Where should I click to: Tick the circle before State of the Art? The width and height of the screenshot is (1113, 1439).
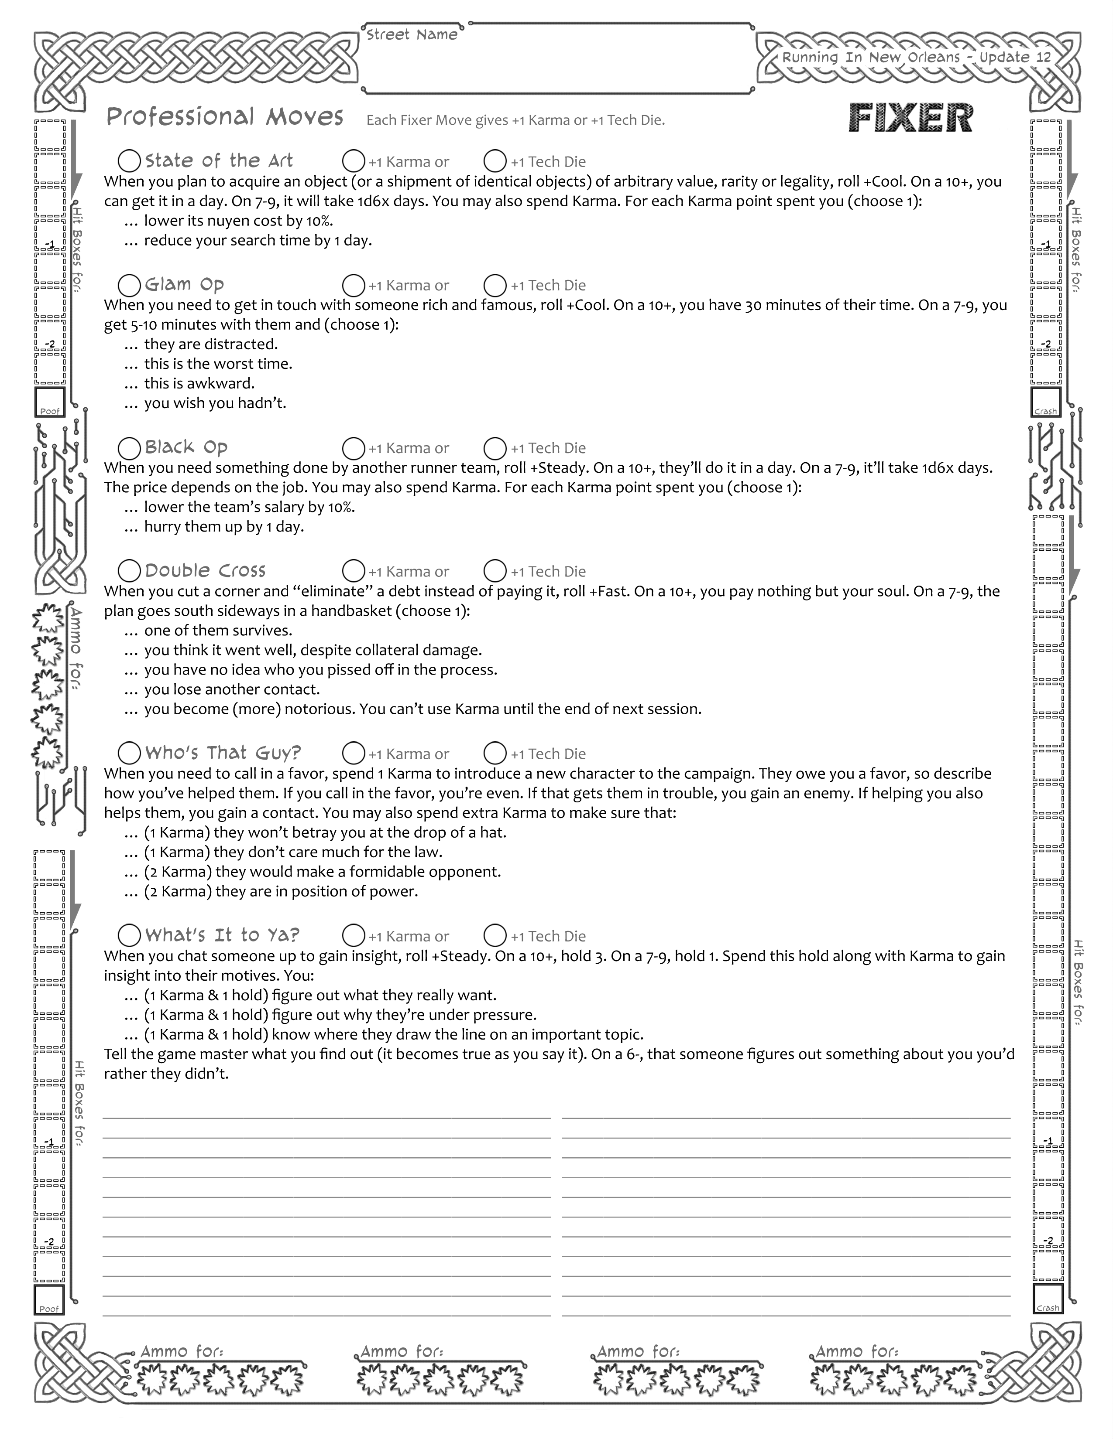pos(129,161)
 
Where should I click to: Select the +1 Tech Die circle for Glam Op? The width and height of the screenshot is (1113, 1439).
pos(495,285)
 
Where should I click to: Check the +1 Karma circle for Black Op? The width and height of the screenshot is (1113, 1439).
pos(354,448)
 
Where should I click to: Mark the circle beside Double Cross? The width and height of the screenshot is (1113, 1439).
pos(129,571)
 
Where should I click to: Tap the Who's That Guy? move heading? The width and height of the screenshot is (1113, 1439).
pos(223,753)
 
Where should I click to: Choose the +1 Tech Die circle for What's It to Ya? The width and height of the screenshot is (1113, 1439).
pos(495,936)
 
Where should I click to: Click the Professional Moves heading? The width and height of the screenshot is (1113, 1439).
pos(225,117)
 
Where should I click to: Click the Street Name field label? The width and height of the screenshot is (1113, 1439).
pos(412,35)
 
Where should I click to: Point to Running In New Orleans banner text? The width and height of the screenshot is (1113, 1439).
pos(917,57)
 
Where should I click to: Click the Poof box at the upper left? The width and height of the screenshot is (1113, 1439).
pos(49,402)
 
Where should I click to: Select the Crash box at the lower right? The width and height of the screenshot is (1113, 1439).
pos(1048,1299)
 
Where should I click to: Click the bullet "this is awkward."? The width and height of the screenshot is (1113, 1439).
pos(199,383)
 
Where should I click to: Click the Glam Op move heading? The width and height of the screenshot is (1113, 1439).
pos(185,285)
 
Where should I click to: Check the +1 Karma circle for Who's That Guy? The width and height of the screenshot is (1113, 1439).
pos(354,753)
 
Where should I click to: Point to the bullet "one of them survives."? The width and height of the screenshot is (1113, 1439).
pos(218,631)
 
